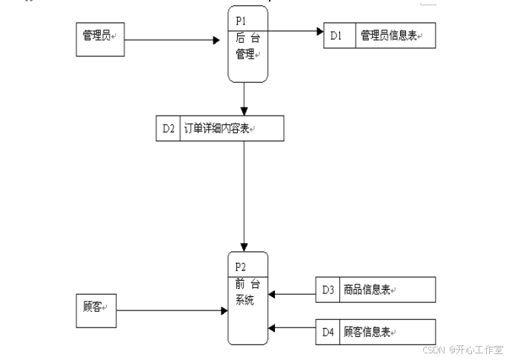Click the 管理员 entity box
pos(101,39)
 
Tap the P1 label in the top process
pos(241,21)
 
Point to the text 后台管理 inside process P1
pos(247,46)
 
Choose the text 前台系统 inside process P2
pos(247,292)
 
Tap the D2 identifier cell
pos(168,128)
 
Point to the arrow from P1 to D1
pos(296,31)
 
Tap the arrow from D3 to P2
pos(292,295)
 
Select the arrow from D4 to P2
pos(292,327)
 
